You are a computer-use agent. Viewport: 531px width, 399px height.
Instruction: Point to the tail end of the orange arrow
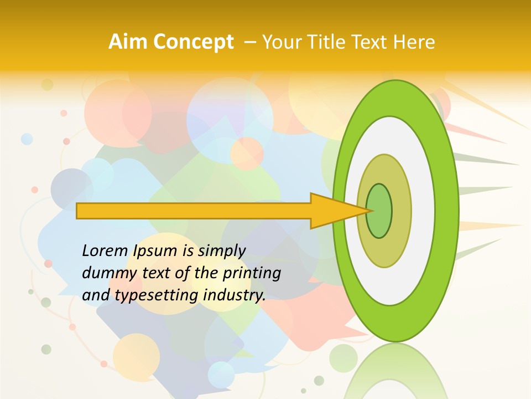78,211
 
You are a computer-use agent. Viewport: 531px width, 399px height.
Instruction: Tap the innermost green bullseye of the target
379,211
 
